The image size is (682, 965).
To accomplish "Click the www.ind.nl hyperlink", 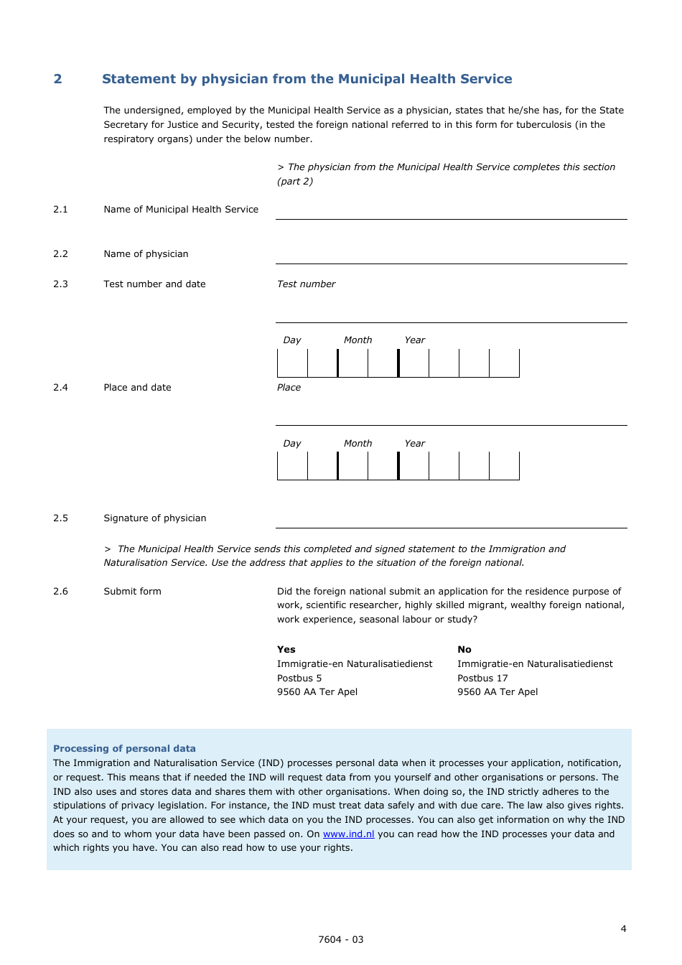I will [348, 834].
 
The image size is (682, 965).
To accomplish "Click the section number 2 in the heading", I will [57, 79].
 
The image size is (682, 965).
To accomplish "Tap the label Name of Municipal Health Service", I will [181, 210].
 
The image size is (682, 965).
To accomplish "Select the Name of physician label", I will [146, 254].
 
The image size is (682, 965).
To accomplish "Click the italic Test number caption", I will [306, 284].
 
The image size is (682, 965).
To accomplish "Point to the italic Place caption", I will [289, 388].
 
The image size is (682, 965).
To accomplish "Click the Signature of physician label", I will [154, 518].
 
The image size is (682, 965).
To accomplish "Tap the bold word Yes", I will [286, 650].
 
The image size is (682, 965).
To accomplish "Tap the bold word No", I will [464, 650].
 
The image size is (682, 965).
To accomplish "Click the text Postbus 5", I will [299, 679].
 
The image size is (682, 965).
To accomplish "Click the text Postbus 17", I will [482, 679].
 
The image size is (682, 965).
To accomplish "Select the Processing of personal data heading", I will [124, 748].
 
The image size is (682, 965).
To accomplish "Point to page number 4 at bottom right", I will [623, 928].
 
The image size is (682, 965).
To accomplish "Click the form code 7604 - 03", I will [341, 939].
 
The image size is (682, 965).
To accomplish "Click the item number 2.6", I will [60, 592].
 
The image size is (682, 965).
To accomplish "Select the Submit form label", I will [132, 592].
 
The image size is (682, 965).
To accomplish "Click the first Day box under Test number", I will [292, 363].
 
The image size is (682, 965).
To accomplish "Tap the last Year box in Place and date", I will [504, 466].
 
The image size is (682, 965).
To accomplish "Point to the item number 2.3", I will [60, 284].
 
